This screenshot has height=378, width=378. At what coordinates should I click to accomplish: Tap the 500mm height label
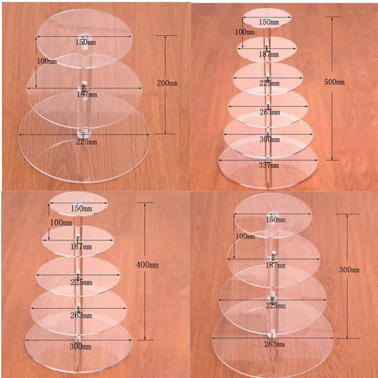[x=334, y=82]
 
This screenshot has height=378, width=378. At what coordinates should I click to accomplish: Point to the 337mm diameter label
[x=269, y=165]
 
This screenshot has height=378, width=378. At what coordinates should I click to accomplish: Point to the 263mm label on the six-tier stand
[x=269, y=112]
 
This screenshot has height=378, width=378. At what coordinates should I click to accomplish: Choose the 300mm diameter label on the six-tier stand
[x=269, y=140]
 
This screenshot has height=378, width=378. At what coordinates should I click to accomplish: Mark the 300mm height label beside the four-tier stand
[x=349, y=270]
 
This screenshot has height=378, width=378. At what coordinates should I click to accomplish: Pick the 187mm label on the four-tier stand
[x=274, y=266]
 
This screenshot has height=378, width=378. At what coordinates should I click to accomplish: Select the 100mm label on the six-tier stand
[x=245, y=33]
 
